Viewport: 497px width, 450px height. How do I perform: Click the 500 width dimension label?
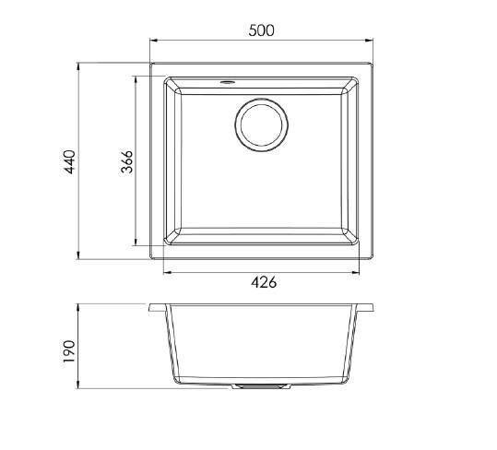pos(261,30)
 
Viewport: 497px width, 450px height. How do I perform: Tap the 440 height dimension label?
pos(70,162)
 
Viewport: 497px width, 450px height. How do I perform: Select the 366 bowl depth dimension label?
pos(127,161)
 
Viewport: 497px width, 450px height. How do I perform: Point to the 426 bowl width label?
pos(264,282)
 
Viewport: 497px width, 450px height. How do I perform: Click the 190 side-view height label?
pos(69,351)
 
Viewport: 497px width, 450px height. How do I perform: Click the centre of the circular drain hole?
pos(262,124)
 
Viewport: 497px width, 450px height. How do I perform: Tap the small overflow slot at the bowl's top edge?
pos(227,82)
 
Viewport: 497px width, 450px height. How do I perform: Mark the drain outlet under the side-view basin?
pos(262,386)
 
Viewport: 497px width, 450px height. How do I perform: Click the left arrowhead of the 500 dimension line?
pos(154,41)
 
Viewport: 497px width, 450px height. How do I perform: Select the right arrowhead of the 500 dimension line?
pos(369,41)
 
